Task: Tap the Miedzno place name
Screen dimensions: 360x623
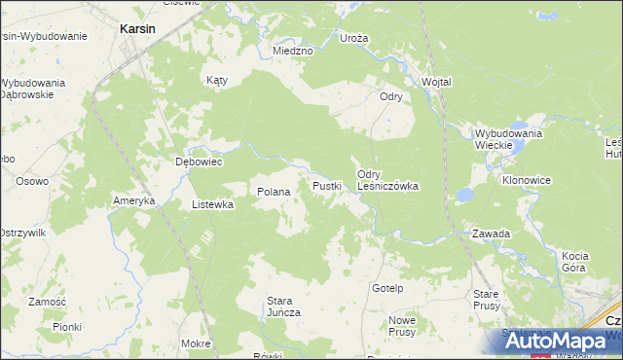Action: (x=292, y=50)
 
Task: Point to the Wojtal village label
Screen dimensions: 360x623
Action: (x=436, y=82)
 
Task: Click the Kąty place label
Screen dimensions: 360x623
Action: (x=216, y=81)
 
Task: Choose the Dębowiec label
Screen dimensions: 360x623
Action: (x=199, y=162)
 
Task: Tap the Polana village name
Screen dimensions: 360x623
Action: (x=274, y=192)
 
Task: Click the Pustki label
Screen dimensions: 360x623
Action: (x=326, y=185)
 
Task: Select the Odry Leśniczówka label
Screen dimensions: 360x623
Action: (x=387, y=179)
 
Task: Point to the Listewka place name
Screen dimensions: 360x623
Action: (x=212, y=204)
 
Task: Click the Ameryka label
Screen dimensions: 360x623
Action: (x=134, y=200)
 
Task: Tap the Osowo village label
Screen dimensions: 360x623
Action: (x=32, y=181)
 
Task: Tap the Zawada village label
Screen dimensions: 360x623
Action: (x=491, y=234)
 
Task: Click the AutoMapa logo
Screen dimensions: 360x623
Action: (x=550, y=341)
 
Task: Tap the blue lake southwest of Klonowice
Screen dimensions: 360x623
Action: (x=465, y=195)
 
